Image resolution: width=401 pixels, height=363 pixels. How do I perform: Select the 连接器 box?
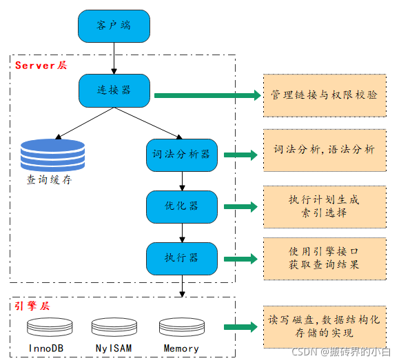[x=114, y=90]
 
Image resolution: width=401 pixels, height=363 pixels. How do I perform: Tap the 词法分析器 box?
[x=182, y=155]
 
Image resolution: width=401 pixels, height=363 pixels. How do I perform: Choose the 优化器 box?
[x=182, y=206]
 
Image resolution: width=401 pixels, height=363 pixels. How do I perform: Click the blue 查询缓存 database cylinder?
[x=52, y=155]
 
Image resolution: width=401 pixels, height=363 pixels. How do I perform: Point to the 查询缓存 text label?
[x=49, y=180]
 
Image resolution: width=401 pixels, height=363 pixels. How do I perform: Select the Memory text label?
[x=181, y=348]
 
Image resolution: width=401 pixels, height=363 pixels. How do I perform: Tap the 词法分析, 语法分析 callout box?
[x=324, y=150]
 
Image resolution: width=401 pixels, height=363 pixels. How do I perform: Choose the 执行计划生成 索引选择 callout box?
[x=324, y=206]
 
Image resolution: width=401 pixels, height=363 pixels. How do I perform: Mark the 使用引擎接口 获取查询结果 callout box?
[x=324, y=258]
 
